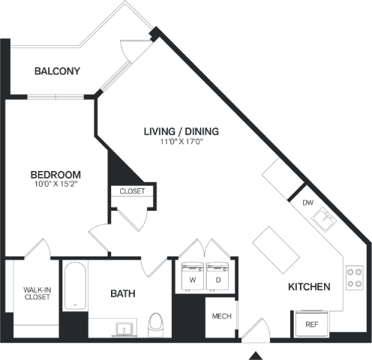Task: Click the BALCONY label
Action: click(x=57, y=71)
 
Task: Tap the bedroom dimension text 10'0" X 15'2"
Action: click(x=56, y=184)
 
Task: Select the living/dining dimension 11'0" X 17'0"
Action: click(x=181, y=142)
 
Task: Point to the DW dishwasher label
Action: click(x=307, y=202)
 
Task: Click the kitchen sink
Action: click(x=324, y=219)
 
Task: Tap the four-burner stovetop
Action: click(x=355, y=277)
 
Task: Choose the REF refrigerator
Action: click(x=312, y=324)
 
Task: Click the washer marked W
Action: click(x=193, y=276)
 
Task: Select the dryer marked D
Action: click(x=217, y=276)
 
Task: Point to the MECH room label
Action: click(x=221, y=316)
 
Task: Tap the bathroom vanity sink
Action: click(x=124, y=329)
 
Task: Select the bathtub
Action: click(x=75, y=286)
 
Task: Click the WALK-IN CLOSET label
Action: click(x=37, y=293)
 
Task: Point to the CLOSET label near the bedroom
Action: click(x=132, y=191)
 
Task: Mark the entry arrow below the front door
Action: click(x=256, y=355)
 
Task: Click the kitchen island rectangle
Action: click(x=276, y=250)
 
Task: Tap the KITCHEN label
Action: click(x=309, y=286)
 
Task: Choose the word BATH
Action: click(x=123, y=293)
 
